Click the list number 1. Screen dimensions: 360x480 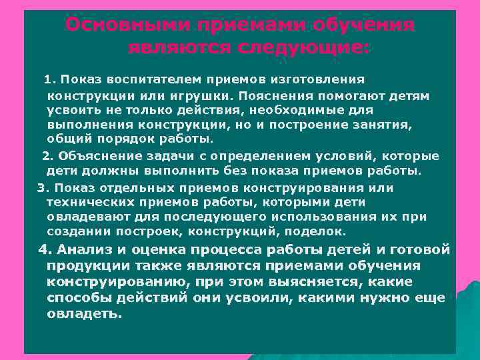pyautogui.click(x=47, y=80)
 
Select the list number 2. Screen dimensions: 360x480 pyautogui.click(x=46, y=156)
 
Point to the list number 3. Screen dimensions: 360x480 pyautogui.click(x=41, y=188)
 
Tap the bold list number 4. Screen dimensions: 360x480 pyautogui.click(x=45, y=250)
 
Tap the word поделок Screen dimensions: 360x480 pyautogui.click(x=321, y=232)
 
